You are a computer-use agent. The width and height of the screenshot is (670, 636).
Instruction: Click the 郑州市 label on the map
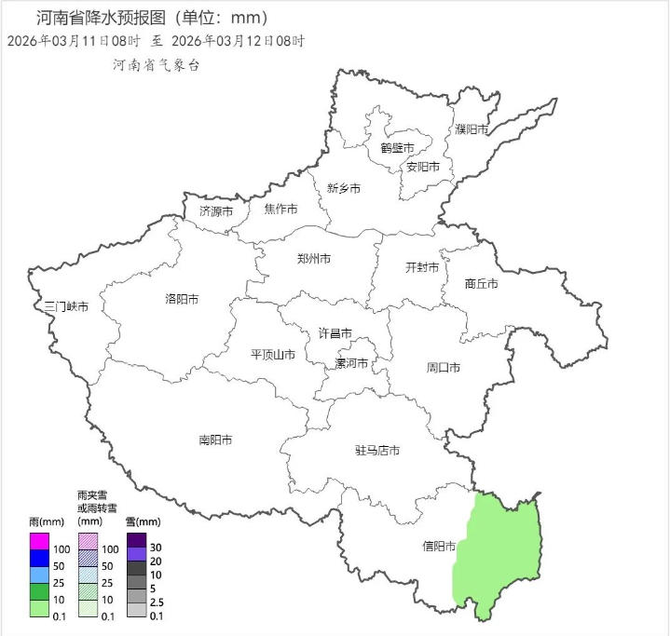[x=313, y=259]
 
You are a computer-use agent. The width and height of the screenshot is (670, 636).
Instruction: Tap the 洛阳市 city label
[x=182, y=299]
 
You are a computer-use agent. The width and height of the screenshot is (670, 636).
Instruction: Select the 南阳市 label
[x=215, y=440]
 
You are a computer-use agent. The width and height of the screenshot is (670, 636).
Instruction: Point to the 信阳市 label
[x=439, y=547]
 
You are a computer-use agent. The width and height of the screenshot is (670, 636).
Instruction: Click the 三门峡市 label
[x=66, y=307]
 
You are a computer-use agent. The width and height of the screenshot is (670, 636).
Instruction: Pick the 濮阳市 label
[x=472, y=129]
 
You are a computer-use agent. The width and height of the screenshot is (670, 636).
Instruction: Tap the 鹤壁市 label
[x=397, y=147]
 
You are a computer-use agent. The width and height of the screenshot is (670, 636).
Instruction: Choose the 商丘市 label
[x=481, y=283]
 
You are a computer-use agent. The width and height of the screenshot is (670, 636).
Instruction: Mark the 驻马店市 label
[x=377, y=451]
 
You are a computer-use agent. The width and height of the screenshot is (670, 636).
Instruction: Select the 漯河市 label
[x=352, y=363]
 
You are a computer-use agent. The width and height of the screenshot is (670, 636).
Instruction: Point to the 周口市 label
[x=444, y=368]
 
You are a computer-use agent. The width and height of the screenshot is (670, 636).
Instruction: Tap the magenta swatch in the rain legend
[x=38, y=541]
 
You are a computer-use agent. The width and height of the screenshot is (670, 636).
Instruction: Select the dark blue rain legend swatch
[x=38, y=558]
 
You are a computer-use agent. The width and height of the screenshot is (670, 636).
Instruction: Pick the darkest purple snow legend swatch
[x=136, y=539]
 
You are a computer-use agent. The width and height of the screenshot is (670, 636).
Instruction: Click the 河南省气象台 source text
[x=156, y=65]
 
